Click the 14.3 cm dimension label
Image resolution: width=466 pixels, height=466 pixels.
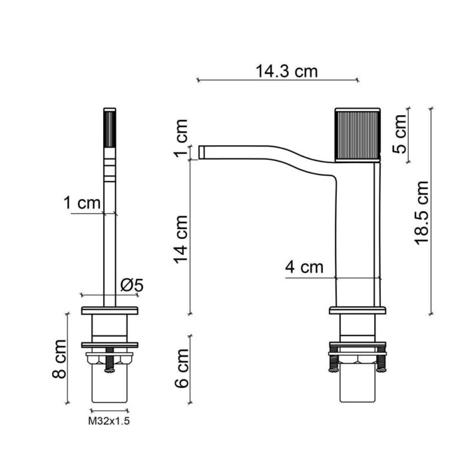pos(286,71)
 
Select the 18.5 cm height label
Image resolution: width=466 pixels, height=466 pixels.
pos(421,212)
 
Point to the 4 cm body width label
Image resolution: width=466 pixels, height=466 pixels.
pos(304,268)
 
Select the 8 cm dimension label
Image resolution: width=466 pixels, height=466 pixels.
pos(60,366)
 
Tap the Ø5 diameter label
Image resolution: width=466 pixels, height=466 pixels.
pos(132,285)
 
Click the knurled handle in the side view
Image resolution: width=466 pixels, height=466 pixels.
pos(357,134)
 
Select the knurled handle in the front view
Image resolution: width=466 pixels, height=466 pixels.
pos(110,130)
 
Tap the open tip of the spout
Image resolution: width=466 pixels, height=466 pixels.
pos(201,152)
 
